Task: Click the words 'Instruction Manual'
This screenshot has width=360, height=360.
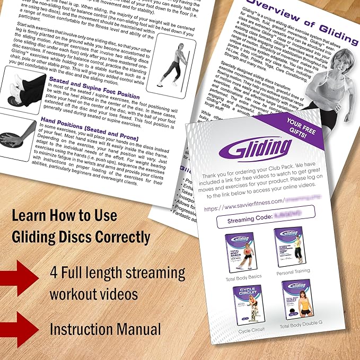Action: click(105, 329)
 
